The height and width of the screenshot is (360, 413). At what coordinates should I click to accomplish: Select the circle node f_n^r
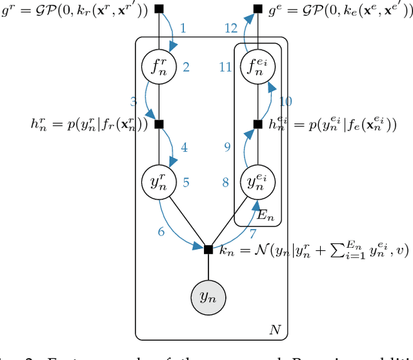159,66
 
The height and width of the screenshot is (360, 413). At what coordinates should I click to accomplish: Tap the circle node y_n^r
159,182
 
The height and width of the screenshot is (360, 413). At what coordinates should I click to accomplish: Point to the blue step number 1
183,28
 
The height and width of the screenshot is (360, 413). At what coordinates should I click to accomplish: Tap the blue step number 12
231,28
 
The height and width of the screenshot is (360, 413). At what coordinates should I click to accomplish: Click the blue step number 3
134,101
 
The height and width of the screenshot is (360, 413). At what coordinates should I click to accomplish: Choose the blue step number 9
227,148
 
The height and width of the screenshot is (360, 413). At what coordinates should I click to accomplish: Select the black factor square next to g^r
159,9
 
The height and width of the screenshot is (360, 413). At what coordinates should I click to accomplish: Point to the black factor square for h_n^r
159,124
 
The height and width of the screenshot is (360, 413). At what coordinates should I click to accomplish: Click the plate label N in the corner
274,330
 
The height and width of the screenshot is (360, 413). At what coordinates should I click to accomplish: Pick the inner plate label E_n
265,216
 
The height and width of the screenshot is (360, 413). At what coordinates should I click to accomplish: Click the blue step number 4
184,148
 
